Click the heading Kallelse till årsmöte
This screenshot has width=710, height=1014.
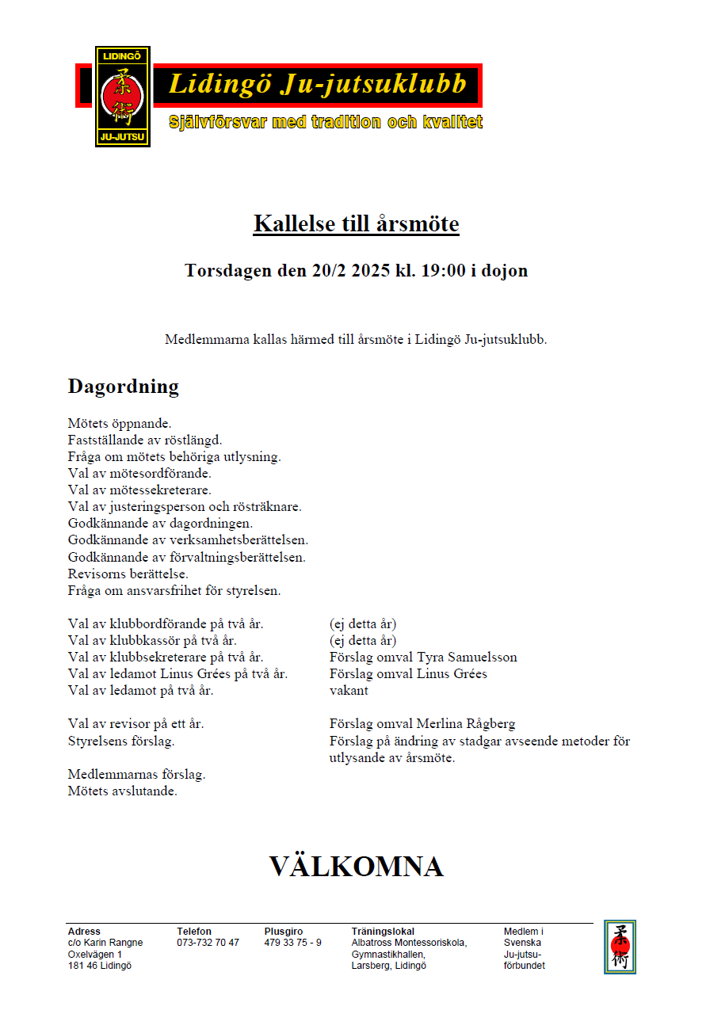click(x=356, y=223)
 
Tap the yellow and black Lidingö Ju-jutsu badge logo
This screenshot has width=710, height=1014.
click(x=122, y=96)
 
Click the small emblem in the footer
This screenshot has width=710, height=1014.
click(x=620, y=946)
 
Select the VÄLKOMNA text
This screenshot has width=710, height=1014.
click(x=356, y=866)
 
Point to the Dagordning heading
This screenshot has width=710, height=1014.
click(x=124, y=387)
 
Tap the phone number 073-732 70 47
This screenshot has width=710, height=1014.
click(x=208, y=943)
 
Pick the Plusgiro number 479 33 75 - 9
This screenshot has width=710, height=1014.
click(x=292, y=943)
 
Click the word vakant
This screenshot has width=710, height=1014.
click(x=349, y=691)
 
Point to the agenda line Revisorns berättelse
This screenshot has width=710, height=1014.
click(x=128, y=574)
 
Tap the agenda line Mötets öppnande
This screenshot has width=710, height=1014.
click(x=120, y=424)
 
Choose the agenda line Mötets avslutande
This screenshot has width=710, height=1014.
click(x=123, y=791)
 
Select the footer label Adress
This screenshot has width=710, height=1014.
click(x=84, y=932)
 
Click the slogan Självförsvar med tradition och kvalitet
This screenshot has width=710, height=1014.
click(x=326, y=123)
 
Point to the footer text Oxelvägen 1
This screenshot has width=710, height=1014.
click(x=95, y=955)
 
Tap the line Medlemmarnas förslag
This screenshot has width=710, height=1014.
click(x=137, y=774)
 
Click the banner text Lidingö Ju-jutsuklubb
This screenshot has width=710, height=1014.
click(x=317, y=85)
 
